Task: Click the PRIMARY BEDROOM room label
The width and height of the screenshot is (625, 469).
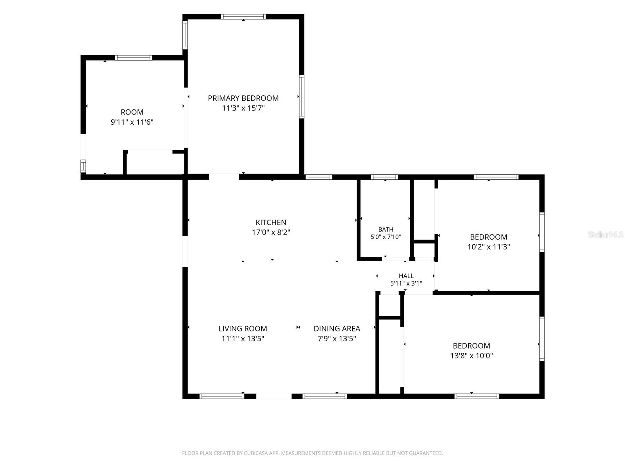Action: pos(243,98)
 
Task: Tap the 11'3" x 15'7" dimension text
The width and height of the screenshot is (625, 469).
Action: pos(243,108)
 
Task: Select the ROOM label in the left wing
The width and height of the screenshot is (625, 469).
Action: pos(132,112)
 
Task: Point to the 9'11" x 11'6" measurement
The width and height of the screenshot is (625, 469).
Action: pos(132,122)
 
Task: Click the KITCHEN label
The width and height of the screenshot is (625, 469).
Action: pos(271,222)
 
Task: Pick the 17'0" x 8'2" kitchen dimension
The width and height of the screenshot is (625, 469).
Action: pos(271,233)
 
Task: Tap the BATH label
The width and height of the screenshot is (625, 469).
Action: pos(386,229)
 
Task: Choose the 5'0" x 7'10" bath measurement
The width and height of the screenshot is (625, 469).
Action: pos(386,237)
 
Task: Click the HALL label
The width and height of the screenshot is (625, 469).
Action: pos(406,276)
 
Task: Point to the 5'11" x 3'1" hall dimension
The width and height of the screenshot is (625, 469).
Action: pos(406,283)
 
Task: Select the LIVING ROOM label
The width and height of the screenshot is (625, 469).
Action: pos(243,329)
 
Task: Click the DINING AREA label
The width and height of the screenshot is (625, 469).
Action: pos(337,329)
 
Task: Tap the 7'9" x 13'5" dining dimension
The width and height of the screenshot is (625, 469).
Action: pos(337,338)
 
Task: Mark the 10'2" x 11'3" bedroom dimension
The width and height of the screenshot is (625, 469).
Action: pos(488,247)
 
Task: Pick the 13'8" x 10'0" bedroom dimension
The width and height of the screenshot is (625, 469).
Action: pos(471,356)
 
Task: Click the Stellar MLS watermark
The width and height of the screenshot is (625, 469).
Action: pos(605,234)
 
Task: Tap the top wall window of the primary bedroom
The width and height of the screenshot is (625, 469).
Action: pos(243,16)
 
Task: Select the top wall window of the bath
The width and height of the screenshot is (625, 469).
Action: pos(384,177)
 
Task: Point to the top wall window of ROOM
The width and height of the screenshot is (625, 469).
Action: pos(134,58)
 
